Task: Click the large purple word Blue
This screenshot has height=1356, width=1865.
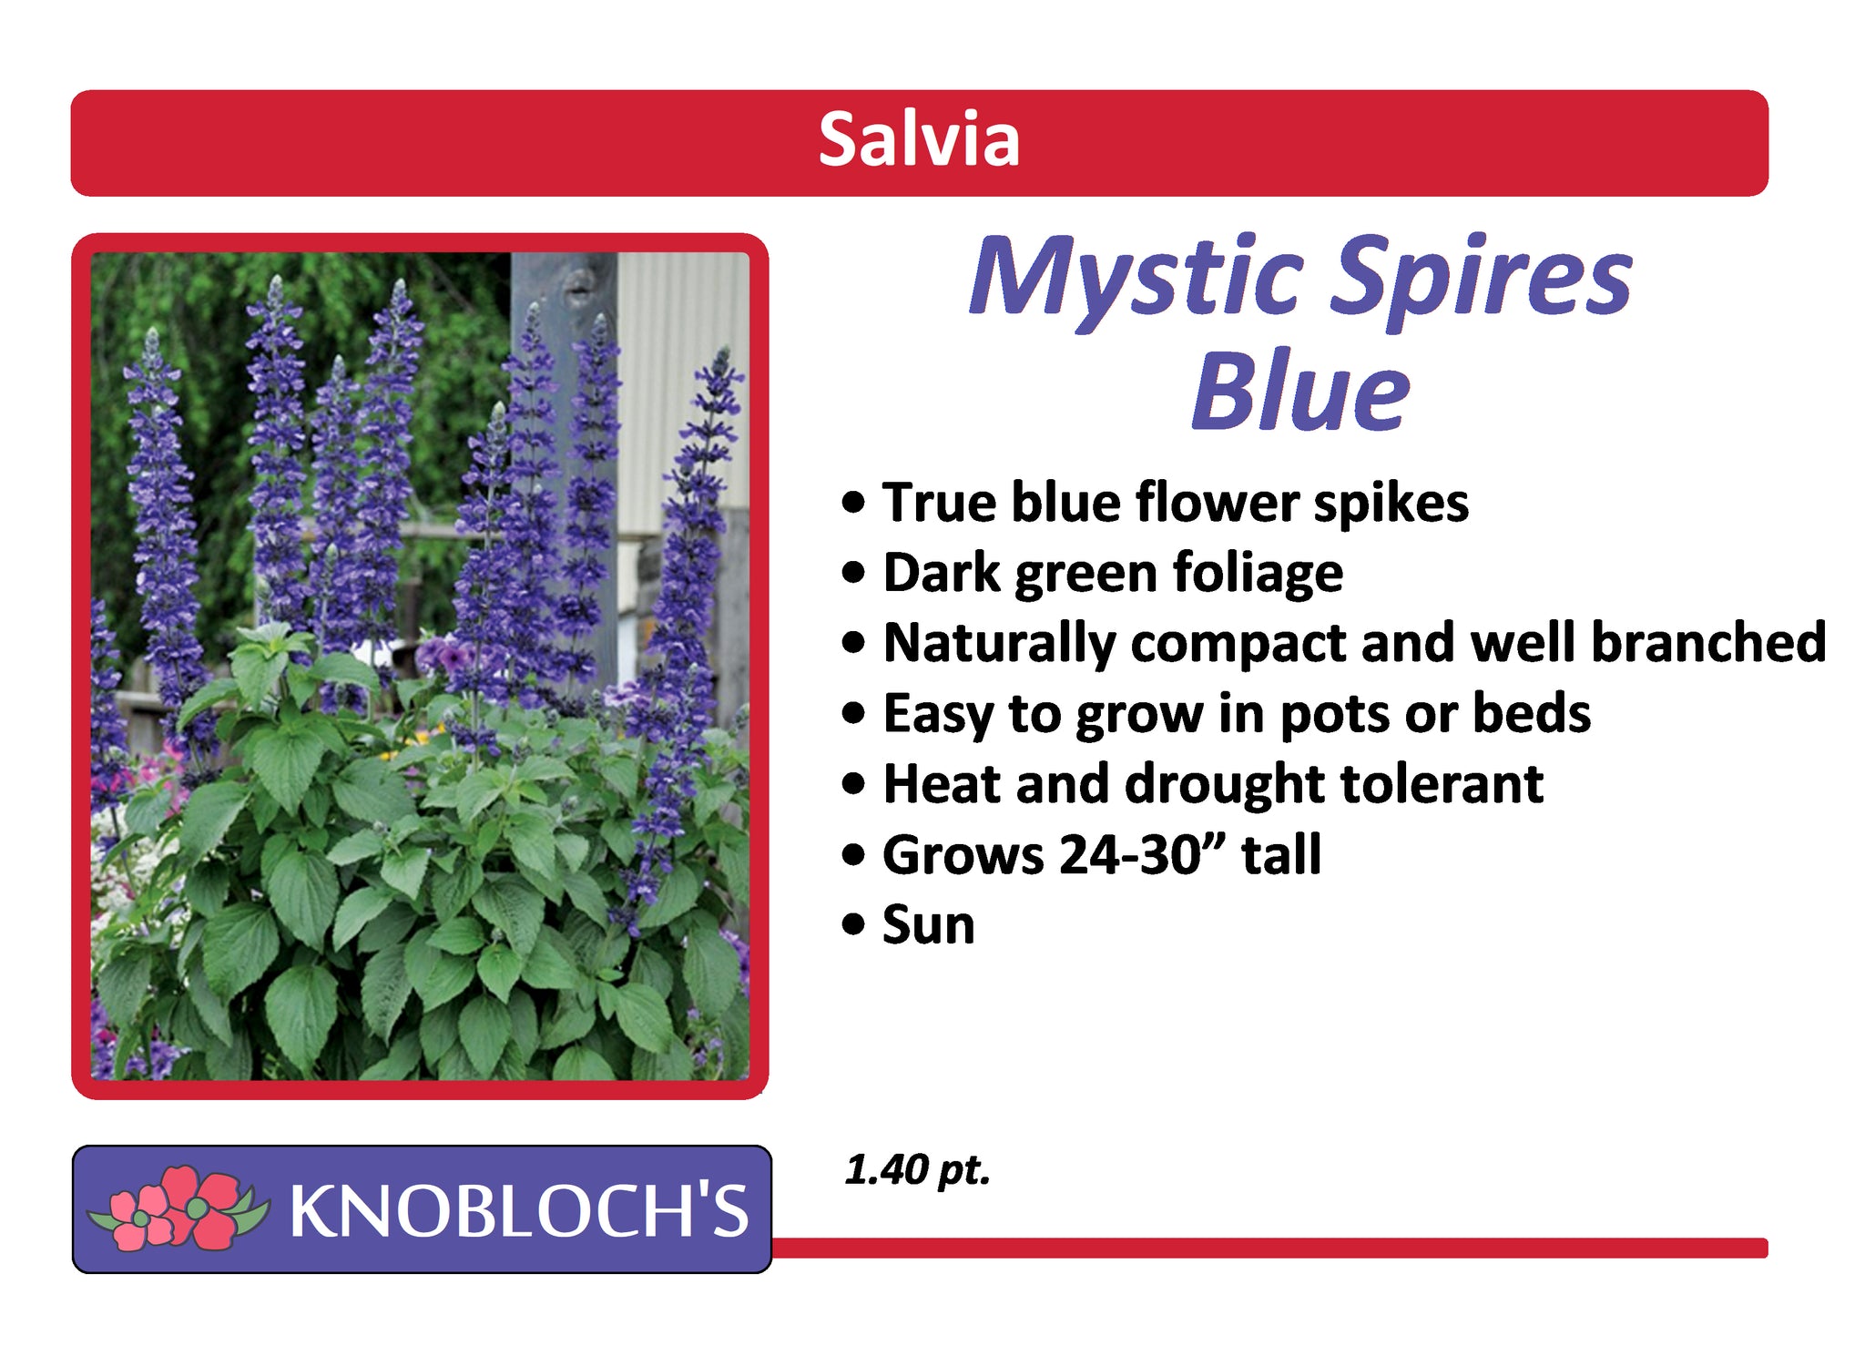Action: (1301, 391)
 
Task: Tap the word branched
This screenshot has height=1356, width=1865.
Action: (1708, 642)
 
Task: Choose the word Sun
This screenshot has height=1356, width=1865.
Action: (928, 925)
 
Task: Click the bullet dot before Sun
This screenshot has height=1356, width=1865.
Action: (853, 926)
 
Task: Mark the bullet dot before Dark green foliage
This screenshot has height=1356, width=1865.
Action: (853, 574)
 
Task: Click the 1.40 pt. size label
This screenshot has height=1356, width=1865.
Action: (917, 1171)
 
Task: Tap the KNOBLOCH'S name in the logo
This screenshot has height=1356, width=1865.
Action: (519, 1210)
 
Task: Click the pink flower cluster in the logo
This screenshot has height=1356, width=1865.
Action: (178, 1208)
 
